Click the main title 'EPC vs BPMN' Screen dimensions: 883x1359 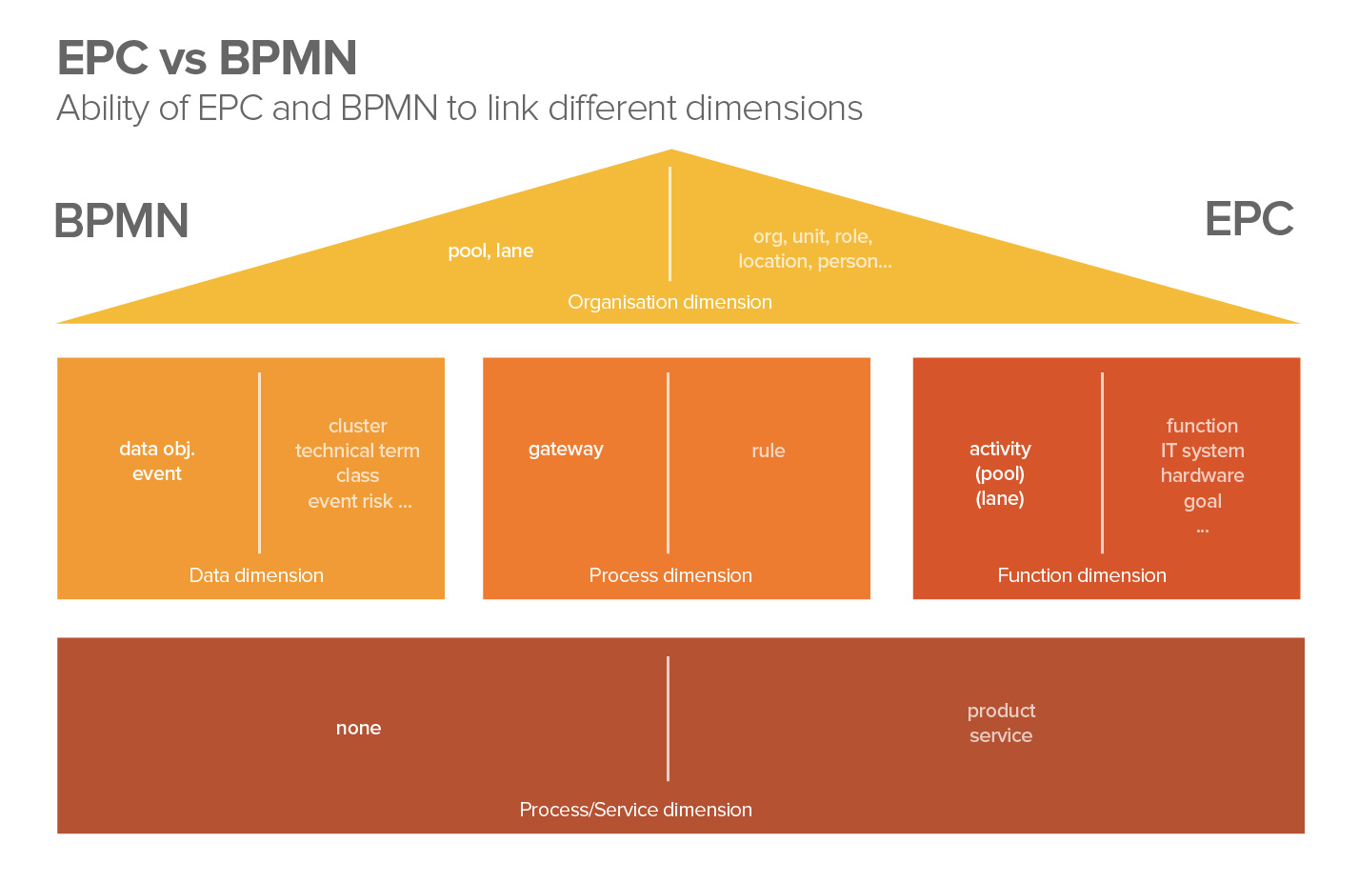(207, 58)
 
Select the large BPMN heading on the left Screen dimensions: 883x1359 (121, 221)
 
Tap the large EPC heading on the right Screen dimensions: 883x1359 (1249, 219)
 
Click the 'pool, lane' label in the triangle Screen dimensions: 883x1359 (490, 251)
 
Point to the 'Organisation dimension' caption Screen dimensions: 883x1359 (670, 302)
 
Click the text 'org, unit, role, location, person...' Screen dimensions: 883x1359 (814, 249)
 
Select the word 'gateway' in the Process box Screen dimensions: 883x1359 (566, 449)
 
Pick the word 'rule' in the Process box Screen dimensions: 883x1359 (768, 451)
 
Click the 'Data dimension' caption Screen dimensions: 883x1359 (256, 575)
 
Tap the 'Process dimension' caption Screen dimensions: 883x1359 (670, 575)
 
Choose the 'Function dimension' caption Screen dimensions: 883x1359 (1082, 575)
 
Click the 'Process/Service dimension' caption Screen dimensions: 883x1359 (635, 810)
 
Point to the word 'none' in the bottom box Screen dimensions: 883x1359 (358, 728)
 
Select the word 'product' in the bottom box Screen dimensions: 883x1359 (1001, 711)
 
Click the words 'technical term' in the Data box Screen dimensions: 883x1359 (357, 451)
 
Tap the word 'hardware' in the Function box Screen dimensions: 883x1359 (1202, 475)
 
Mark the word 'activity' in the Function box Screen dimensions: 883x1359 (1000, 449)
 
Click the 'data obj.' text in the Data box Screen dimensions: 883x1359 (157, 449)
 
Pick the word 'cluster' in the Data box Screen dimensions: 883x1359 (357, 426)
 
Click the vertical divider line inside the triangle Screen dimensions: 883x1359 (670, 224)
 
